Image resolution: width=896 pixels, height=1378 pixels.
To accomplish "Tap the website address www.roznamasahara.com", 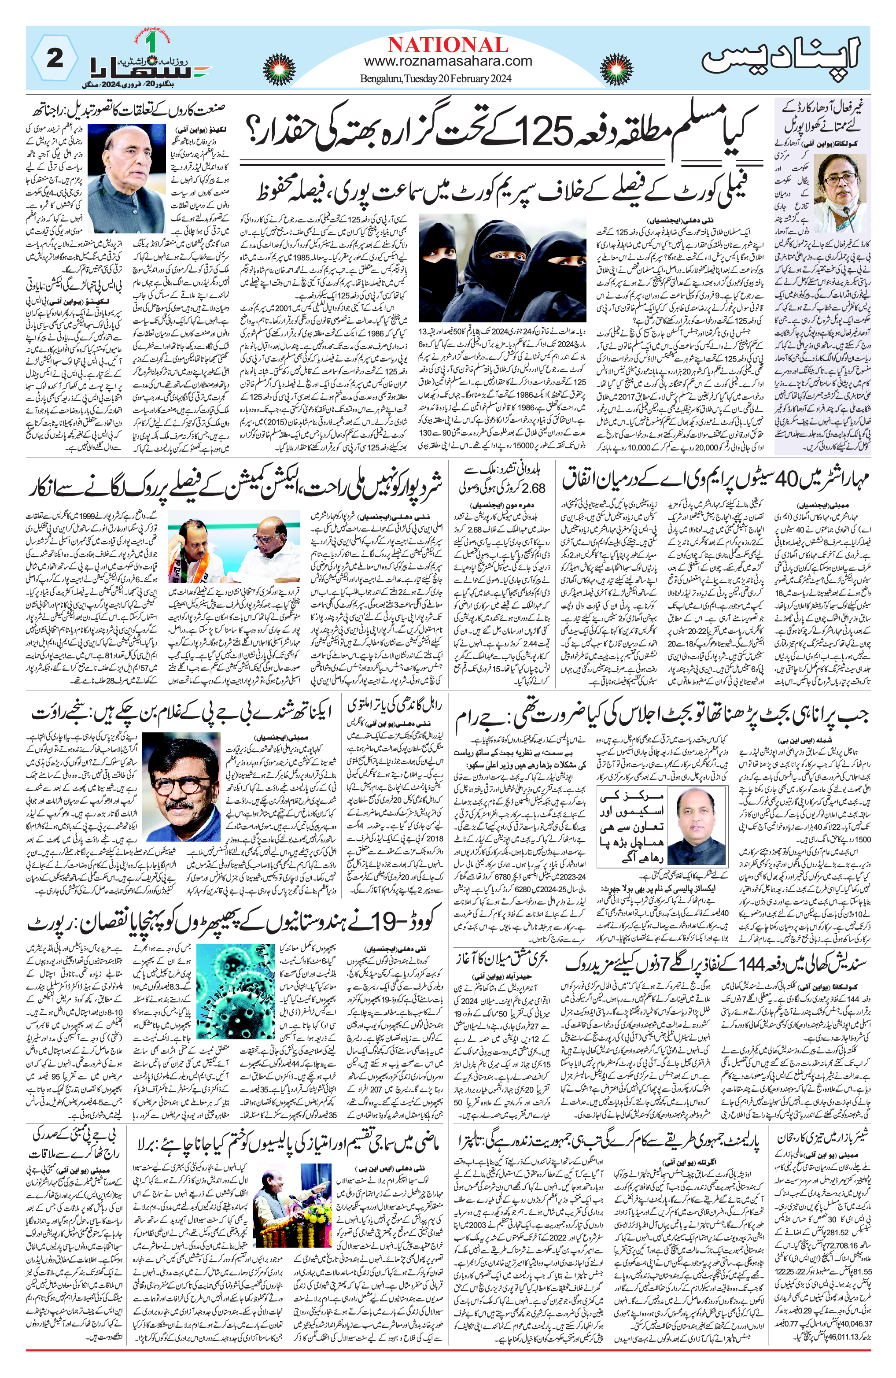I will coord(447,61).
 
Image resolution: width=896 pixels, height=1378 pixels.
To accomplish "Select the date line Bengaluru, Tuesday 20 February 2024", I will coord(436,79).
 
